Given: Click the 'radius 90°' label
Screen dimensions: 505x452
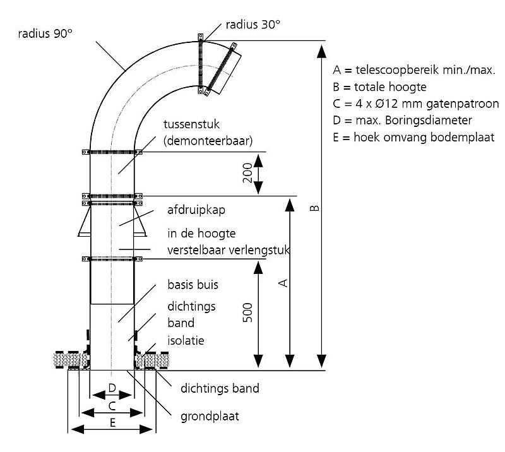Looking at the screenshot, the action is point(45,33).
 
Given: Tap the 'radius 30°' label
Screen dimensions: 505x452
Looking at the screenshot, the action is point(253,25).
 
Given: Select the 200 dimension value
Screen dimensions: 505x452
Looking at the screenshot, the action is point(247,173).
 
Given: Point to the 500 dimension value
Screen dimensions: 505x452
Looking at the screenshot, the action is point(247,312).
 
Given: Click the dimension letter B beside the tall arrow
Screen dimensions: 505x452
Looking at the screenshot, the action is point(314,208).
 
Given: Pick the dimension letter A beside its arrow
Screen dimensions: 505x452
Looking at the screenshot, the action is point(283,283).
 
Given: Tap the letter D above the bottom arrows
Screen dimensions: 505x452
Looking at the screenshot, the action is point(112,388).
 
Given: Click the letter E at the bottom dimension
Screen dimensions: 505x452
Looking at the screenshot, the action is point(112,423).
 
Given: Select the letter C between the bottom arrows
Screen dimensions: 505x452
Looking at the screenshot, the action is point(112,406).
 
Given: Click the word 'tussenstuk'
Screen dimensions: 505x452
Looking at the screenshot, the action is point(192,124).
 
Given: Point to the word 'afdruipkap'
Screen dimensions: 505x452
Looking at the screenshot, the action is point(196,210).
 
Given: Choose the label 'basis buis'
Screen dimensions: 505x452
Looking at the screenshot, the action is point(193,285).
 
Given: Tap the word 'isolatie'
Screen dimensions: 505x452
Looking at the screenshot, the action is point(186,340).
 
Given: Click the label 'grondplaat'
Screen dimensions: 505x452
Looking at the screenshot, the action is point(210,417).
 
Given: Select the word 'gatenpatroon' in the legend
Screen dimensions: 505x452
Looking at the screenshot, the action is point(463,104).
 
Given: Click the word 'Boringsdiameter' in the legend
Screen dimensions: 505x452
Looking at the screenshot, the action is point(429,120).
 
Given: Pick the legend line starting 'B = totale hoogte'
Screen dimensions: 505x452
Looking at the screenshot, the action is point(380,87).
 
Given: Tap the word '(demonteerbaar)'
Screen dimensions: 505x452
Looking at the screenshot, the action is point(208,141).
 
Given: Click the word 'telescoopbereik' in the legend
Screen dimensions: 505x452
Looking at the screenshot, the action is point(397,70).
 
